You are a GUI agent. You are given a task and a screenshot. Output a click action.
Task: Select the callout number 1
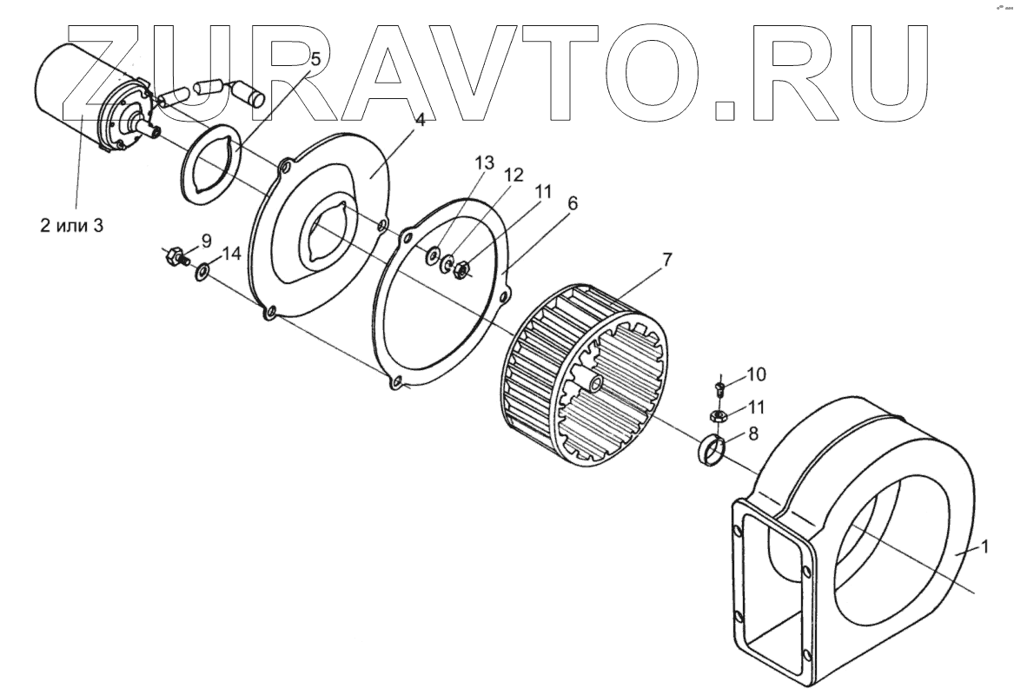click(984, 547)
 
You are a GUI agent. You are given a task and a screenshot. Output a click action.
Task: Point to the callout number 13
click(484, 163)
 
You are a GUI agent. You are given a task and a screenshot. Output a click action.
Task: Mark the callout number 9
click(206, 240)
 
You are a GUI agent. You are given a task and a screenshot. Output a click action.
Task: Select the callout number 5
click(315, 59)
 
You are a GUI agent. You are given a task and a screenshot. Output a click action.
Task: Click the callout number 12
click(514, 175)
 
